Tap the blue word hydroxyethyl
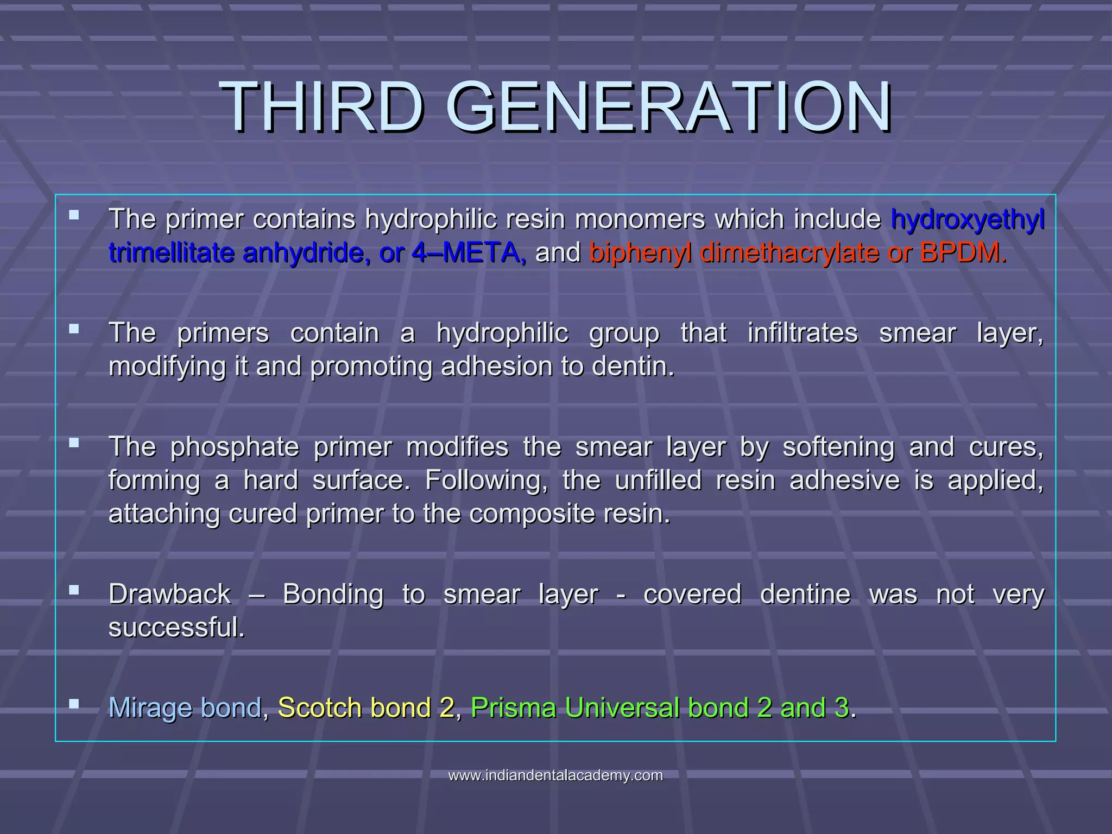click(x=967, y=220)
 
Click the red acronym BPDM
click(x=963, y=253)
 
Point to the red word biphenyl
click(x=641, y=253)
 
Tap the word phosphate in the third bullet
click(x=235, y=447)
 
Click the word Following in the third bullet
click(x=486, y=481)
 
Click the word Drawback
click(x=169, y=594)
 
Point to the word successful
click(x=176, y=628)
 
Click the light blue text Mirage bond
click(x=185, y=708)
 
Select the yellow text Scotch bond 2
click(x=366, y=708)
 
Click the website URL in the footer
click(x=555, y=775)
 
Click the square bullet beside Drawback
click(x=74, y=590)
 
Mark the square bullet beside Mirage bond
click(x=74, y=704)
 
